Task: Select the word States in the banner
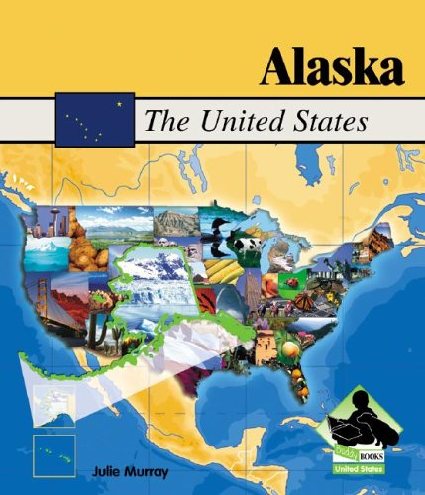331,123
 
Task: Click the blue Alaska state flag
95,119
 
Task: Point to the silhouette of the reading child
369,416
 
